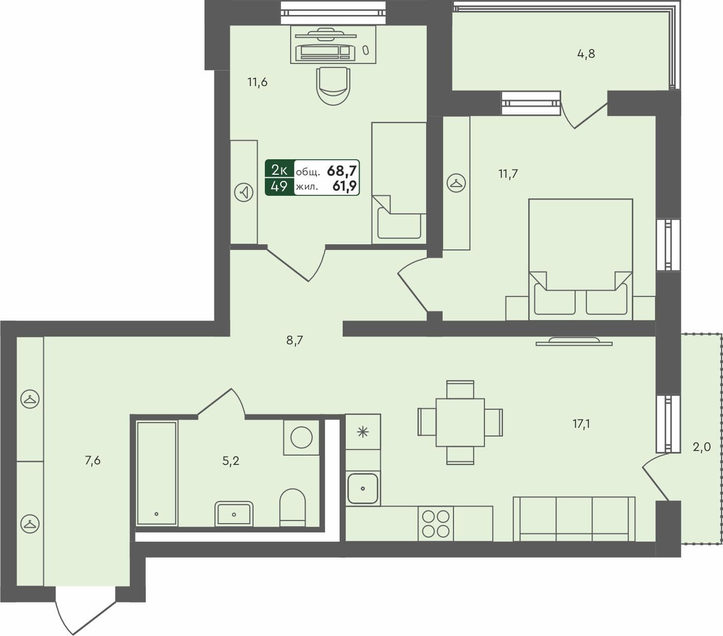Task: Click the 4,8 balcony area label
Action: pos(586,54)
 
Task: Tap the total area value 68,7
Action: pos(342,170)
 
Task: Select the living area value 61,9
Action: pos(344,186)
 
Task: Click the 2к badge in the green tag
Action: pos(279,169)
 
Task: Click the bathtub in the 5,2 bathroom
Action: pos(157,473)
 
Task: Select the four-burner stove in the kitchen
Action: pos(436,523)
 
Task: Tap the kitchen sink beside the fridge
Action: pos(363,488)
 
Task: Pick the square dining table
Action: pos(460,423)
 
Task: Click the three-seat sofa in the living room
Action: pos(574,519)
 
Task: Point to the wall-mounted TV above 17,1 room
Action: pos(574,341)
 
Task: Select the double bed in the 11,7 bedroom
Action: pos(581,258)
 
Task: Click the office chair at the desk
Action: pos(333,85)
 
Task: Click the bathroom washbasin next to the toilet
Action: pos(234,513)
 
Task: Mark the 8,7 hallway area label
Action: pos(294,341)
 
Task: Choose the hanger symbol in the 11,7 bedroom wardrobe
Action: pos(456,183)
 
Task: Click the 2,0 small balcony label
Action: pos(701,447)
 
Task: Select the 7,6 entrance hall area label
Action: pos(93,461)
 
